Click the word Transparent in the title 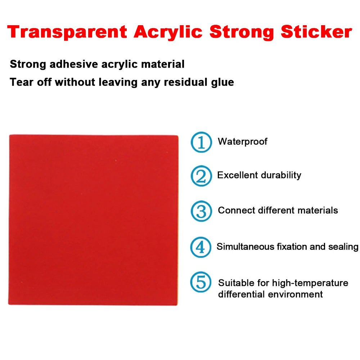(x=67, y=32)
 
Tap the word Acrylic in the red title (x=167, y=32)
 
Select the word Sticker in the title (x=316, y=32)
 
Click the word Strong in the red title (x=242, y=32)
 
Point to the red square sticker (x=93, y=220)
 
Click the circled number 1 (x=201, y=142)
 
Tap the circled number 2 (x=201, y=176)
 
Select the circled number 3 (x=201, y=211)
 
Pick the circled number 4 (x=201, y=247)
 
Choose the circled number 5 (x=201, y=282)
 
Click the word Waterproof (x=242, y=141)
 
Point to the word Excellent (x=237, y=175)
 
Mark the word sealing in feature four (x=343, y=247)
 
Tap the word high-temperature (x=310, y=283)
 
